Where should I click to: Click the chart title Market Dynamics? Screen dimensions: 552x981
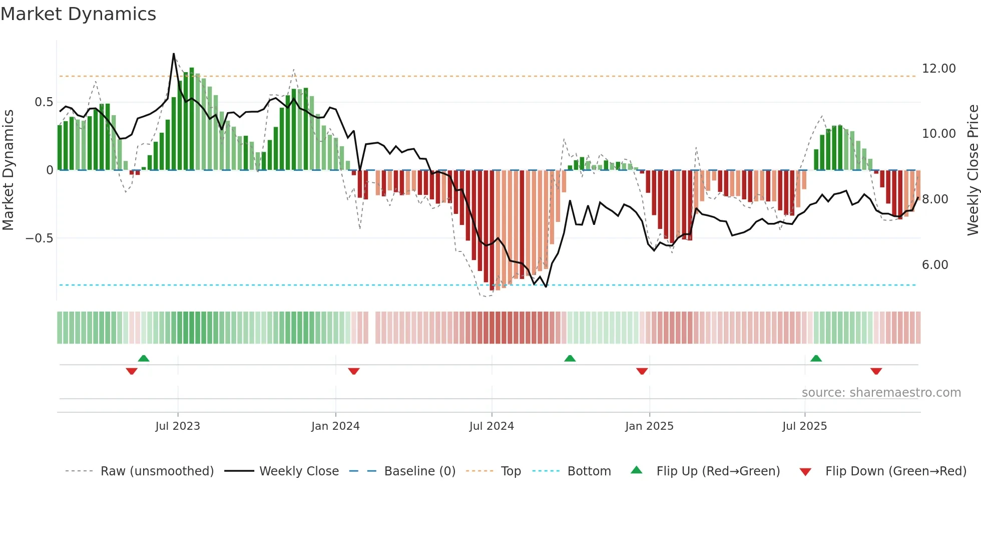tap(79, 14)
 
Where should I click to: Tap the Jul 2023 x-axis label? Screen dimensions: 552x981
tap(178, 426)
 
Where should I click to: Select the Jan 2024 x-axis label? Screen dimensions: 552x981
tap(335, 426)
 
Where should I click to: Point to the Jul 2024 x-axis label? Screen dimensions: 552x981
tap(492, 426)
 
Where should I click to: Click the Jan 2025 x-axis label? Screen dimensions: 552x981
tap(649, 426)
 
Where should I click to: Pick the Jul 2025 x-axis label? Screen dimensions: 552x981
tap(805, 426)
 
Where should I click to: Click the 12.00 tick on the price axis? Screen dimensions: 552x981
tap(938, 69)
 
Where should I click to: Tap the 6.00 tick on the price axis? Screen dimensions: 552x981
tap(935, 265)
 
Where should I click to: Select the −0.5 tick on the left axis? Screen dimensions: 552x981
tap(39, 238)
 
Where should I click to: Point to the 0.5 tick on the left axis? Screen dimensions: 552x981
tap(44, 102)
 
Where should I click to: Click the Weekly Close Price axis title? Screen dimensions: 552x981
tap(972, 170)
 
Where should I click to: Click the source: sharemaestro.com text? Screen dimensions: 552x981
tap(881, 393)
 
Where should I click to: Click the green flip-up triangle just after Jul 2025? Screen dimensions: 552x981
tap(816, 358)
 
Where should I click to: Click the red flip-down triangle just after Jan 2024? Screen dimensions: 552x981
tap(354, 371)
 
